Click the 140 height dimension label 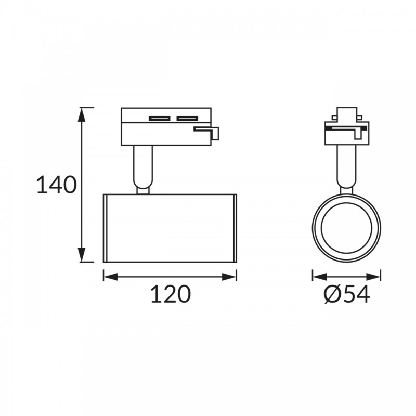tap(56, 185)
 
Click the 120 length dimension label tap(171, 294)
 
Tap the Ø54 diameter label tap(347, 295)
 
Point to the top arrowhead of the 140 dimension tap(82, 115)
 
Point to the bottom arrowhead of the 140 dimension tap(82, 254)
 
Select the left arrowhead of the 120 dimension tap(110, 277)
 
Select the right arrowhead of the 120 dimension tap(229, 277)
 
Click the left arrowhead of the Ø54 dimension tap(320, 277)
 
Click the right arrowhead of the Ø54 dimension tap(373, 277)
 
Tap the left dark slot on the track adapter tap(159, 119)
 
